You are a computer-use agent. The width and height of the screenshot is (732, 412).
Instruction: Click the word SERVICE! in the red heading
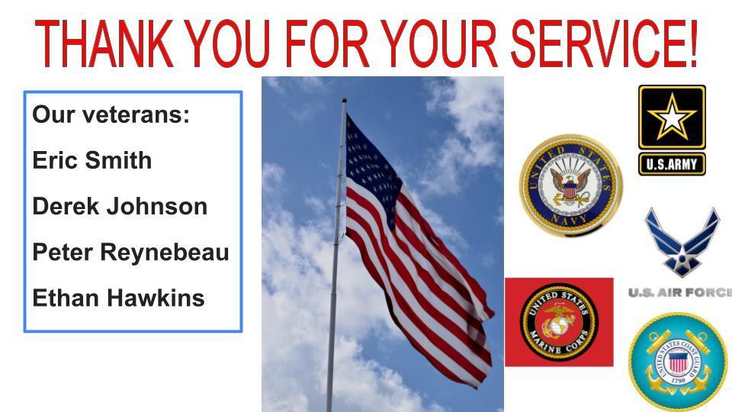pos(605,43)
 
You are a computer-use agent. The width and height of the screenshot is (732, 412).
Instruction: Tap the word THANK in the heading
pos(104,43)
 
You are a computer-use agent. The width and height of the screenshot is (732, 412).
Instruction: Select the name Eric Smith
pos(92,160)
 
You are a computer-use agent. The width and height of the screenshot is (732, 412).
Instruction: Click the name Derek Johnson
pos(120,206)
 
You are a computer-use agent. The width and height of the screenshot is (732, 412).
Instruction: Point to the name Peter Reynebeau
pos(130,253)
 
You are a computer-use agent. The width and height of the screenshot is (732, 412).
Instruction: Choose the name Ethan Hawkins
pos(119,298)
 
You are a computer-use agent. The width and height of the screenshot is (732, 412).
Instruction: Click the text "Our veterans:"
pos(111,114)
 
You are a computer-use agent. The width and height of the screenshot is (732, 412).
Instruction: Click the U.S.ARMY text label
pos(672,164)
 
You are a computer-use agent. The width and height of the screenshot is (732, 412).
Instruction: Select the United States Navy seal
pos(571,185)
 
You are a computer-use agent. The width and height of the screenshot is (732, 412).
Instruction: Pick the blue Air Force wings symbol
pos(682,242)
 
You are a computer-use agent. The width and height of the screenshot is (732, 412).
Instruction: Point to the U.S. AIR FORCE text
pos(680,293)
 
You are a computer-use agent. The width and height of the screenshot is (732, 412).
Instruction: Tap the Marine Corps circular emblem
pos(559,322)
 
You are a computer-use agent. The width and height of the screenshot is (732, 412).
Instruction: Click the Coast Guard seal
pos(678,362)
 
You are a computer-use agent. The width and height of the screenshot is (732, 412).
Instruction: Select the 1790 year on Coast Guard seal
pos(679,381)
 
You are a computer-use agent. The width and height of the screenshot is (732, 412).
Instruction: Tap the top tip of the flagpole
pos(344,99)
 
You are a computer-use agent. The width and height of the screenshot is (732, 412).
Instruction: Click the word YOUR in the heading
pos(440,43)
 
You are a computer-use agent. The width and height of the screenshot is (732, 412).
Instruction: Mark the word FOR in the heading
pos(327,43)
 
